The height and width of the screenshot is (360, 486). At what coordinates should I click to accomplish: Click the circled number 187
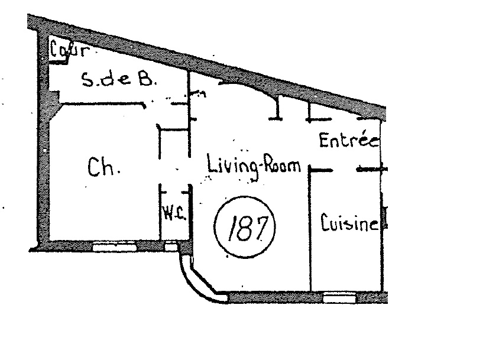245,227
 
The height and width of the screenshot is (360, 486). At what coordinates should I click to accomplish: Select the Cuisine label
349,222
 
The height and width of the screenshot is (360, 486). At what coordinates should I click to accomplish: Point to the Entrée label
349,140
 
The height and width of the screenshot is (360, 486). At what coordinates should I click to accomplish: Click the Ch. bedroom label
103,167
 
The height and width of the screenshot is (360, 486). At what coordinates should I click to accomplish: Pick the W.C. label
174,213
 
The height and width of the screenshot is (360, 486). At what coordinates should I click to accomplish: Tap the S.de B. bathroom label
118,79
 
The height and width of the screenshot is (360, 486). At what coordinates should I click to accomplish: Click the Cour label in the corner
70,50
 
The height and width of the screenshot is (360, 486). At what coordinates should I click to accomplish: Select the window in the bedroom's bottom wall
115,247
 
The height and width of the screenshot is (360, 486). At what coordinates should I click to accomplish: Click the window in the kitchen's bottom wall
339,299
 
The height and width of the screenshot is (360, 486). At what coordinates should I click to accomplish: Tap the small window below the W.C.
171,247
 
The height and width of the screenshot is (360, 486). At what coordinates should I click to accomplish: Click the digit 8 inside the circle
245,228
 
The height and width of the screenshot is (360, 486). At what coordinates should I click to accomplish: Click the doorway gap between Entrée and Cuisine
344,170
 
